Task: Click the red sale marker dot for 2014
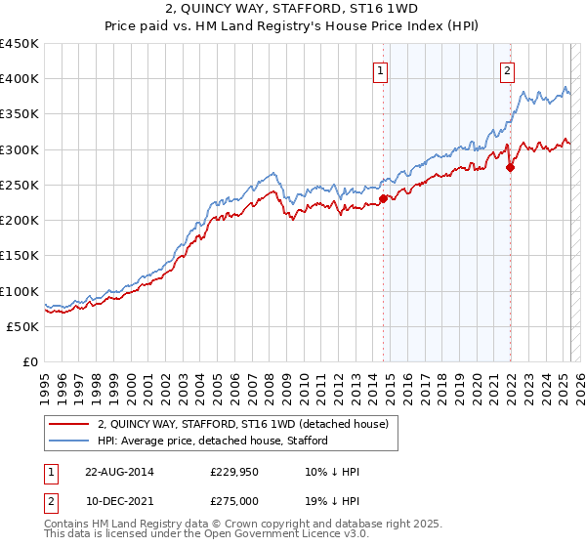point(383,199)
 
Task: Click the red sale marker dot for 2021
point(510,167)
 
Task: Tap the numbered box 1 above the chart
point(380,69)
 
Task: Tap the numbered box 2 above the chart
point(508,69)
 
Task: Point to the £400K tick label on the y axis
point(20,79)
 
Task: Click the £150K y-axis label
point(20,256)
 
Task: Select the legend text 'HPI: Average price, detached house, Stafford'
point(219,441)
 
